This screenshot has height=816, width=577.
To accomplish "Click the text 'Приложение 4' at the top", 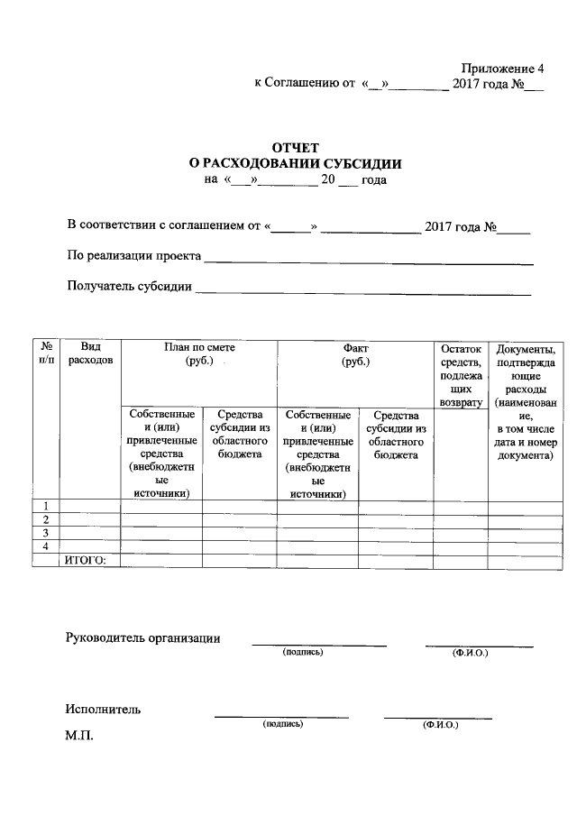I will tap(503, 69).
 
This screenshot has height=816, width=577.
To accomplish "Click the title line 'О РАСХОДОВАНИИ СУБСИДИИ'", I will tap(294, 163).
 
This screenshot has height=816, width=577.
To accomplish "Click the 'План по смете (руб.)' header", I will tap(199, 354).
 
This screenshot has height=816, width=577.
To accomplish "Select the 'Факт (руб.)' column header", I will tap(355, 354).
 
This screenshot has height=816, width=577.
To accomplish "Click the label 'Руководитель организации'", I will tap(143, 638).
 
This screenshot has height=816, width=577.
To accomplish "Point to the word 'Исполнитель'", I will tap(103, 709).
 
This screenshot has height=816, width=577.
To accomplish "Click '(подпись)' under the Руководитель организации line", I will tap(302, 652).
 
